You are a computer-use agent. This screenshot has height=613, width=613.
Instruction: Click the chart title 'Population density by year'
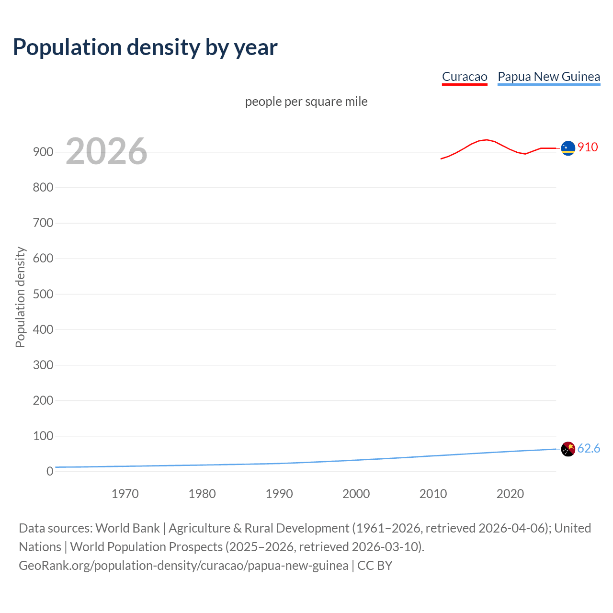pos(145,47)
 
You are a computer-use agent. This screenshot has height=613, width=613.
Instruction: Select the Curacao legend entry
pos(464,77)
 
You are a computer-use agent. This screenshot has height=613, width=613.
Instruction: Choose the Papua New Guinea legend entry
pos(549,77)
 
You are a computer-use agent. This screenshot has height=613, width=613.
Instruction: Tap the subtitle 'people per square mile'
pos(306,102)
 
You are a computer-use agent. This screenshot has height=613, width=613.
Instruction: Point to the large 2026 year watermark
pos(106,151)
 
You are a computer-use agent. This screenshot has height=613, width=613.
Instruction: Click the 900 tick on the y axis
pos(43,152)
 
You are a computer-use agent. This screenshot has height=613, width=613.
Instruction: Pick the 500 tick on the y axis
pos(43,294)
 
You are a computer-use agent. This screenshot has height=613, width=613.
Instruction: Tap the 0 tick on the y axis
pos(50,471)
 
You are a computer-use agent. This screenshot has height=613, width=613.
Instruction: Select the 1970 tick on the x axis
pos(125,494)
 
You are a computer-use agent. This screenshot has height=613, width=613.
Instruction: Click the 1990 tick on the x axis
pos(279,494)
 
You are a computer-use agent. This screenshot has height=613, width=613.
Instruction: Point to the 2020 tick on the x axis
pos(510,494)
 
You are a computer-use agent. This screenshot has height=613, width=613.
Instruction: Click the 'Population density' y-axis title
pos(20,297)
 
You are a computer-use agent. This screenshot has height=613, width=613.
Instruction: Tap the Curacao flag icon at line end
pos(568,148)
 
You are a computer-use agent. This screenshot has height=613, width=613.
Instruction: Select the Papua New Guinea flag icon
pos(568,449)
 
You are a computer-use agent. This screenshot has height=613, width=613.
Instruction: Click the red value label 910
pos(588,147)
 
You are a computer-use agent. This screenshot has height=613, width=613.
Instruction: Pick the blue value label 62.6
pos(589,448)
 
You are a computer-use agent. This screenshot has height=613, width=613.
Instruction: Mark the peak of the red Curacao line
pos(487,140)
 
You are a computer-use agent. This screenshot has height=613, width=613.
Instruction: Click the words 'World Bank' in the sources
pos(127,528)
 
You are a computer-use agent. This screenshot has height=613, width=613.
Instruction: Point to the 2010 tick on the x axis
pos(433,494)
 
